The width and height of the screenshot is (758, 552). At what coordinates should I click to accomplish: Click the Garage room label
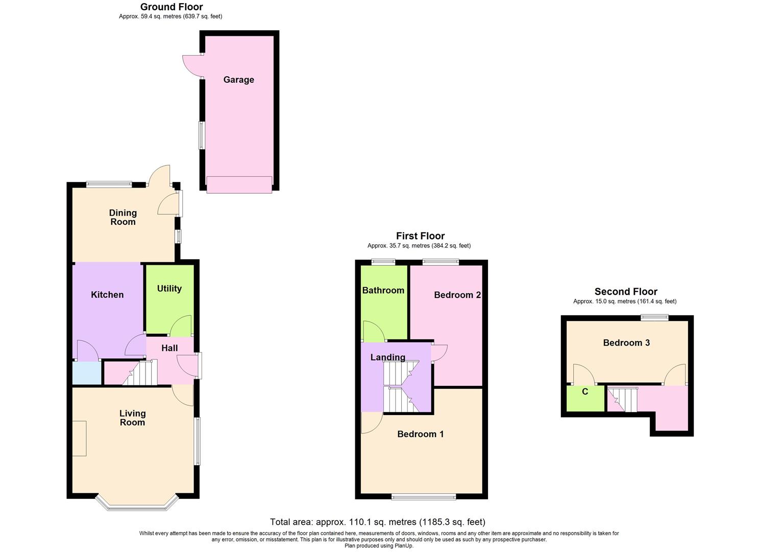pos(238,80)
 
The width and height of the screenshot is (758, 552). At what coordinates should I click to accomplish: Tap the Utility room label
pos(169,289)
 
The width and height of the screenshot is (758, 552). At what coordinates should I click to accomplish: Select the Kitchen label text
pos(107,295)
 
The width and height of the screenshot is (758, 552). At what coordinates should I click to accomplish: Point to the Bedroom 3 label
pos(626,343)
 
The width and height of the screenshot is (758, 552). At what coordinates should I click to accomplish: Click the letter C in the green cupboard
pos(585,392)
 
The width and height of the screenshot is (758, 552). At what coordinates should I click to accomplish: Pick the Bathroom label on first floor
pos(383,290)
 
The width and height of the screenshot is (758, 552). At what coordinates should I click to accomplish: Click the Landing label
pos(388,357)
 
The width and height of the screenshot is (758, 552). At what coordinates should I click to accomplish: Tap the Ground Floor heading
pos(172,7)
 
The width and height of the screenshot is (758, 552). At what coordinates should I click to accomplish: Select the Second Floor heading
pos(626,292)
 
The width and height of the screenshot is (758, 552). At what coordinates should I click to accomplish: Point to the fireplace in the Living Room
pos(79,438)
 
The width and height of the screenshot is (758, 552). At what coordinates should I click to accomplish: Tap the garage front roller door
pos(239,185)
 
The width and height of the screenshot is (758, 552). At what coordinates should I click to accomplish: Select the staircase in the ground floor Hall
pos(141,373)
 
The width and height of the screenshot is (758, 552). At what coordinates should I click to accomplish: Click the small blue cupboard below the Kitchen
pos(86,373)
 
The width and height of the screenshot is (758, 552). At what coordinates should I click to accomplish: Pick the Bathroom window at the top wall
pos(383,262)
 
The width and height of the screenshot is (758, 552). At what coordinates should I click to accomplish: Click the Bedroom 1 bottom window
pos(424,496)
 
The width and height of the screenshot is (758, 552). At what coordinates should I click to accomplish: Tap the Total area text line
pos(377,522)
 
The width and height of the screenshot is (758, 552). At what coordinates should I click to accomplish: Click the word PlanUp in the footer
pos(403,546)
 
